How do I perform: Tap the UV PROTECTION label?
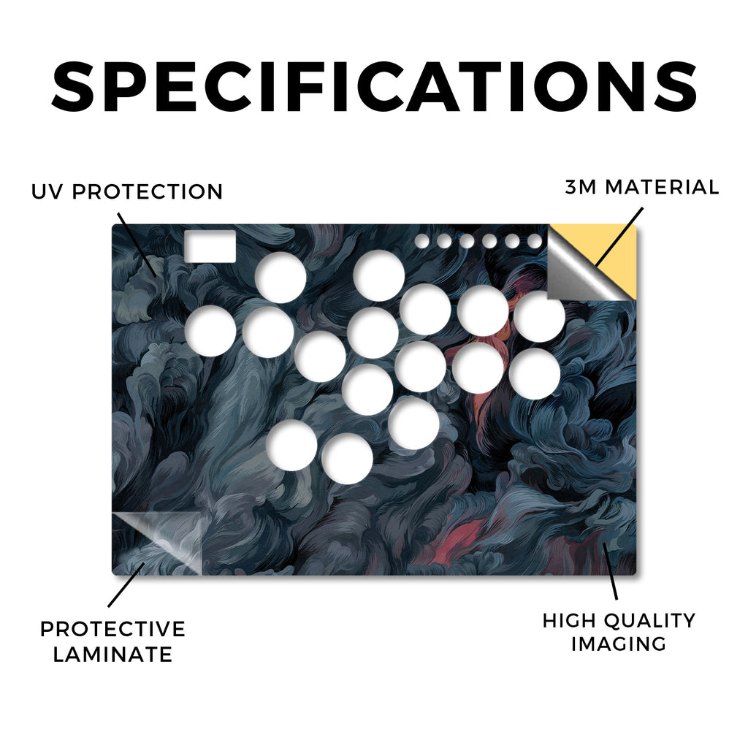[x=127, y=192]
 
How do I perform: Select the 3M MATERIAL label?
[x=641, y=187]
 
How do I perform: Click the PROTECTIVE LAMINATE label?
[x=112, y=641]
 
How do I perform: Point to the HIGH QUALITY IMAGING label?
[x=619, y=632]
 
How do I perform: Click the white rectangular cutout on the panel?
[x=210, y=246]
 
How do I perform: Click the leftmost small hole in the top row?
[x=421, y=241]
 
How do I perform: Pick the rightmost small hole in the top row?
[x=535, y=241]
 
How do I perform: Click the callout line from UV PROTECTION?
[x=137, y=244]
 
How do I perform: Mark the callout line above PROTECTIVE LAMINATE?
[x=126, y=585]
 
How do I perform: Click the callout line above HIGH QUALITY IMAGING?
[x=610, y=570]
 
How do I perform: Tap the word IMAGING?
[x=619, y=644]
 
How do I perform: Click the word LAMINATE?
[x=112, y=654]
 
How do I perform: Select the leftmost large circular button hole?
[x=210, y=331]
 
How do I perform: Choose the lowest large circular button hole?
[x=347, y=459]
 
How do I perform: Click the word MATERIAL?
[x=662, y=187]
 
